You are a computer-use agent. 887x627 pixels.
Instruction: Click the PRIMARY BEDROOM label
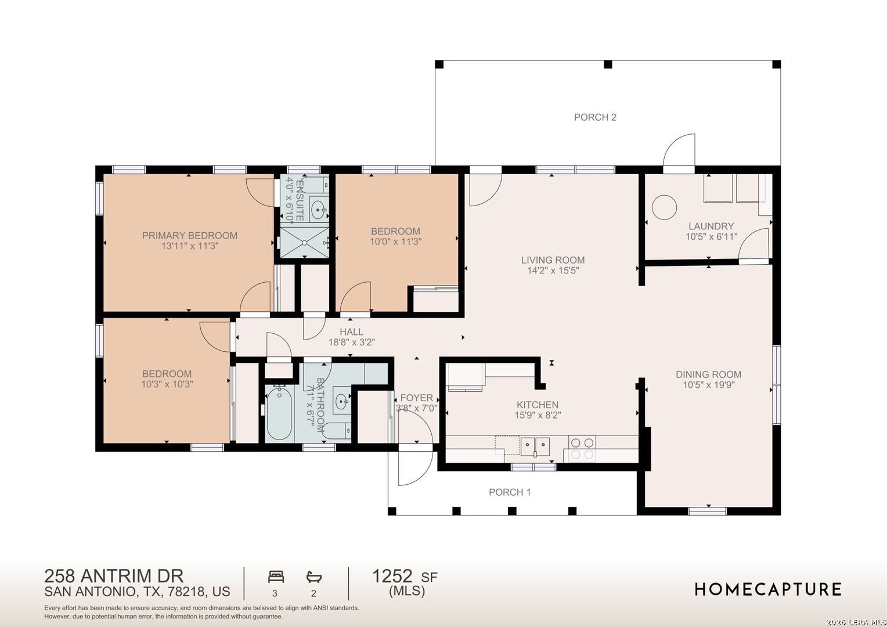pyautogui.click(x=190, y=236)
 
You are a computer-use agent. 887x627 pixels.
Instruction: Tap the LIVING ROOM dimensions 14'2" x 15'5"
pyautogui.click(x=553, y=271)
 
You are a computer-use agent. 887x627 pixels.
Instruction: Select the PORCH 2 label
pyautogui.click(x=595, y=117)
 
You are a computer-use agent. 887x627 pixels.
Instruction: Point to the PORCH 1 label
pyautogui.click(x=510, y=492)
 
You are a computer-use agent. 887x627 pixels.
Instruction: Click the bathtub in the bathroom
pyautogui.click(x=279, y=413)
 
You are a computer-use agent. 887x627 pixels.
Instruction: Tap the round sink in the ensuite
pyautogui.click(x=318, y=210)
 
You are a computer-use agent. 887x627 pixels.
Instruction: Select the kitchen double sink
pyautogui.click(x=535, y=447)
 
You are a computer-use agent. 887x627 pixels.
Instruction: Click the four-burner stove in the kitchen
pyautogui.click(x=582, y=448)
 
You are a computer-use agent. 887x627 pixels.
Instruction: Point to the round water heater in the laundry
pyautogui.click(x=664, y=207)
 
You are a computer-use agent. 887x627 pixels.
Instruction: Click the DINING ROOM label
pyautogui.click(x=708, y=374)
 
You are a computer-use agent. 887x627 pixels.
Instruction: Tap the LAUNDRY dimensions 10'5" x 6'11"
pyautogui.click(x=711, y=237)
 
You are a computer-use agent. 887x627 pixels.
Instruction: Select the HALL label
pyautogui.click(x=351, y=332)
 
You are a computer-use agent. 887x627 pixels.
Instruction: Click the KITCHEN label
pyautogui.click(x=538, y=405)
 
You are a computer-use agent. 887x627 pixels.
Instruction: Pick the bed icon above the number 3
pyautogui.click(x=276, y=576)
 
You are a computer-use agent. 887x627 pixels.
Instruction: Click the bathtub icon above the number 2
pyautogui.click(x=313, y=577)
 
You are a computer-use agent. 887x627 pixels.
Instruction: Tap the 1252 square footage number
pyautogui.click(x=392, y=576)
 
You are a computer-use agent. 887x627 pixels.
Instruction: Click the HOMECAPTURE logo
pyautogui.click(x=768, y=589)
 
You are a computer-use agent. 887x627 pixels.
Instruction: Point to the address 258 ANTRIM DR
pyautogui.click(x=114, y=576)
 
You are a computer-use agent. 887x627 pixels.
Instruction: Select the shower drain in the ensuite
pyautogui.click(x=305, y=243)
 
